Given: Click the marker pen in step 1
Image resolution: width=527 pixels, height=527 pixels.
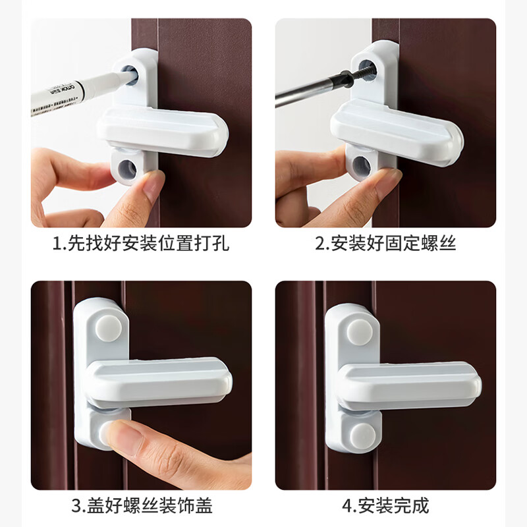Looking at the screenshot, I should coord(72,92).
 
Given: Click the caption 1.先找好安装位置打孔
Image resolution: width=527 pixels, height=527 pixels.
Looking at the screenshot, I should coord(141,243).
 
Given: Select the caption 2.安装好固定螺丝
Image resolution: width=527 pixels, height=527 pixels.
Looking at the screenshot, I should coord(385,243).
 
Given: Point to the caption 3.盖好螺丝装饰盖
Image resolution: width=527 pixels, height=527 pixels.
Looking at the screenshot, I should coord(142,506).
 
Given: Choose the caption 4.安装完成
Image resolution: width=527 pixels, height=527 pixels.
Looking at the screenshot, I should coord(385,506).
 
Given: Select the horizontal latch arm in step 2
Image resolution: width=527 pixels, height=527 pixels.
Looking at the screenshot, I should coord(395,129).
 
